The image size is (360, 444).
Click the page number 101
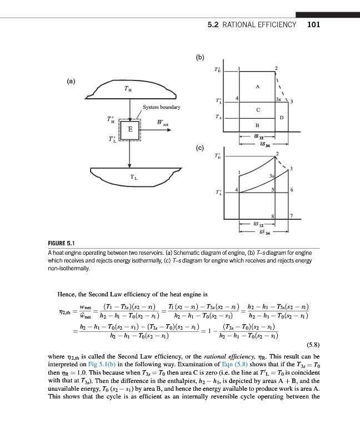pos(313,24)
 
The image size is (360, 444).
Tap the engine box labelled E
pos(130,129)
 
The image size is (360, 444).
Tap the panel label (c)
pos(200,148)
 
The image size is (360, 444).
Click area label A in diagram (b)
pos(257,87)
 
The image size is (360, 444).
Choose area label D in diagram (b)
pos(282,117)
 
